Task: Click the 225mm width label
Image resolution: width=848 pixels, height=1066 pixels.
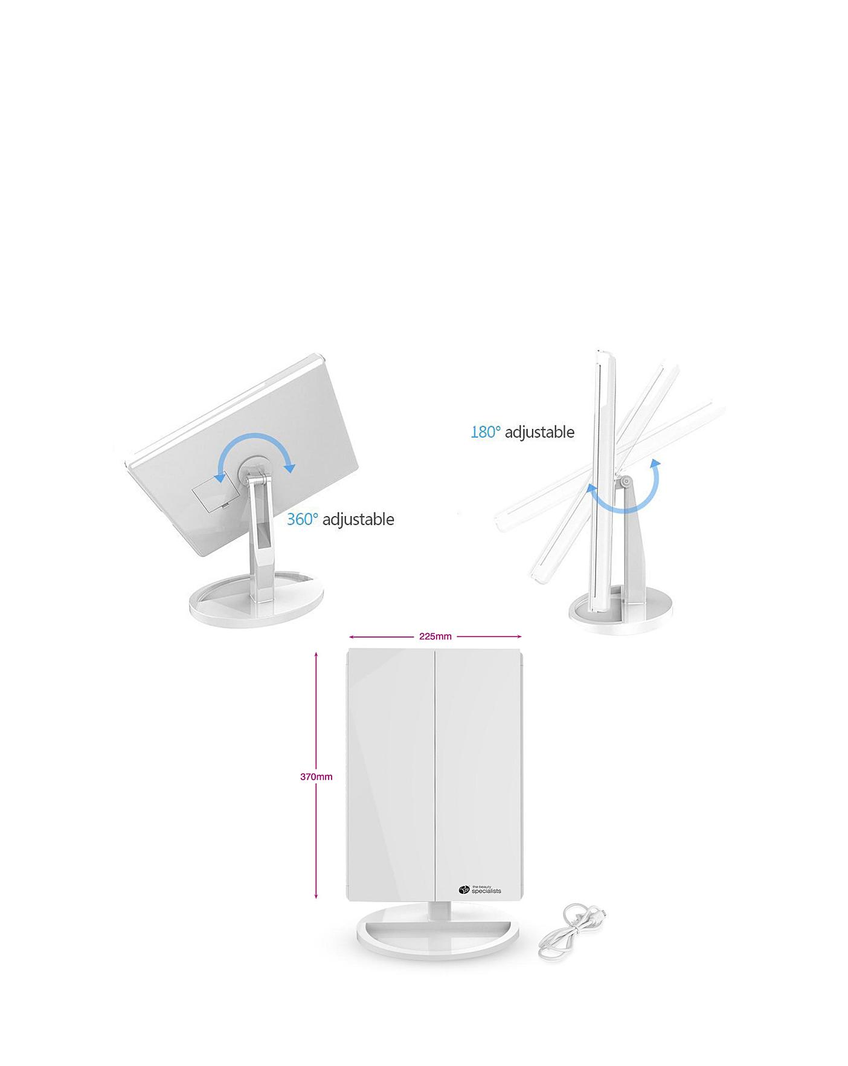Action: [x=435, y=636]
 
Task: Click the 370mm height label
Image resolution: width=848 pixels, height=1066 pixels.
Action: [x=316, y=777]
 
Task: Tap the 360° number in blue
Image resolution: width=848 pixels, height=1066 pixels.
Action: [x=302, y=519]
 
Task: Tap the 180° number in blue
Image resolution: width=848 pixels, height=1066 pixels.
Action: [x=486, y=432]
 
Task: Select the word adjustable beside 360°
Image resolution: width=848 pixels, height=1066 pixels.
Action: [x=358, y=519]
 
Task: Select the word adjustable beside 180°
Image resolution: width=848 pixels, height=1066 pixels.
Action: [x=539, y=432]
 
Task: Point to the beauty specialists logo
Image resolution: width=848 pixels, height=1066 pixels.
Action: [x=480, y=890]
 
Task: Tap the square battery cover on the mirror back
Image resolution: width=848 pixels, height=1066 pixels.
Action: [x=210, y=490]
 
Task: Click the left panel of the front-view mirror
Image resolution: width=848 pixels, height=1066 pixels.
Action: [x=390, y=774]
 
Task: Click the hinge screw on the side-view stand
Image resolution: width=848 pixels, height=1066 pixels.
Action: [x=626, y=482]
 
